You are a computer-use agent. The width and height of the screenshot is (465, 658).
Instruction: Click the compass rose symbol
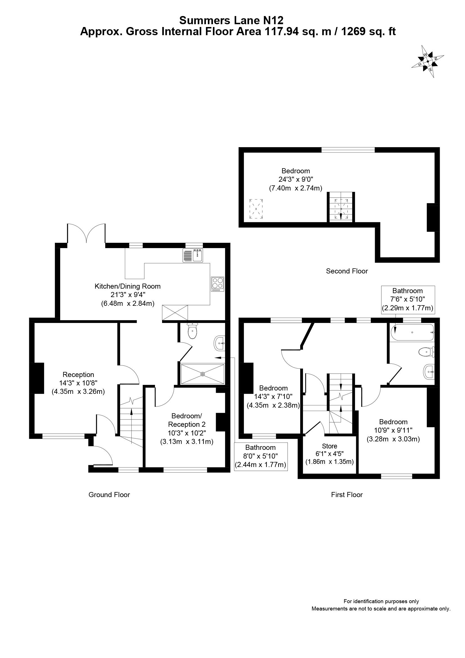(428, 61)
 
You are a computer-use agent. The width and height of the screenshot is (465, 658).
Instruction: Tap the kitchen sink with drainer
(192, 256)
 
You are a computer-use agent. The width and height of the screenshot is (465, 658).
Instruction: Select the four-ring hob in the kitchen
(217, 284)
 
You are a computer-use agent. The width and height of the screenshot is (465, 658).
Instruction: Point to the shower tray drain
(203, 374)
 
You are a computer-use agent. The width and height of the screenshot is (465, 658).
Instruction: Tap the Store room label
(329, 446)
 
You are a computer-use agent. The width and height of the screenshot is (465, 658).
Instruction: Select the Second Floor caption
(347, 271)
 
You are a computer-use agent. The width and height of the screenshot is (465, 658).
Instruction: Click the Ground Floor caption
(109, 495)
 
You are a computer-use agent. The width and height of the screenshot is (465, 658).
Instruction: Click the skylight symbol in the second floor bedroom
(256, 209)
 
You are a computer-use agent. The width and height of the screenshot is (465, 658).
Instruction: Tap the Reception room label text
(78, 374)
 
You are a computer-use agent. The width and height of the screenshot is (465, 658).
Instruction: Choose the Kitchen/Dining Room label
(127, 286)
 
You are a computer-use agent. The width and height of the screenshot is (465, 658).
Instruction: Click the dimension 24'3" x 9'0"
(296, 179)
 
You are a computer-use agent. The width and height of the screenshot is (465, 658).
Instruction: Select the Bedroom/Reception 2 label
(187, 420)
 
